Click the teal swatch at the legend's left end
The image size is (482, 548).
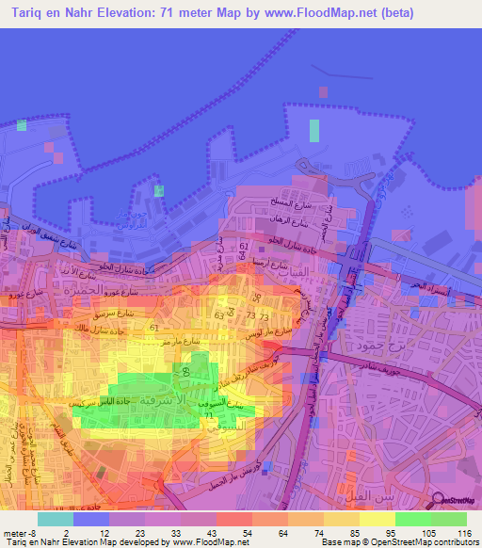click(55, 519)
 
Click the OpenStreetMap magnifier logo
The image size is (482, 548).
click(439, 500)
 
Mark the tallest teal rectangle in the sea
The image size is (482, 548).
click(313, 131)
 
